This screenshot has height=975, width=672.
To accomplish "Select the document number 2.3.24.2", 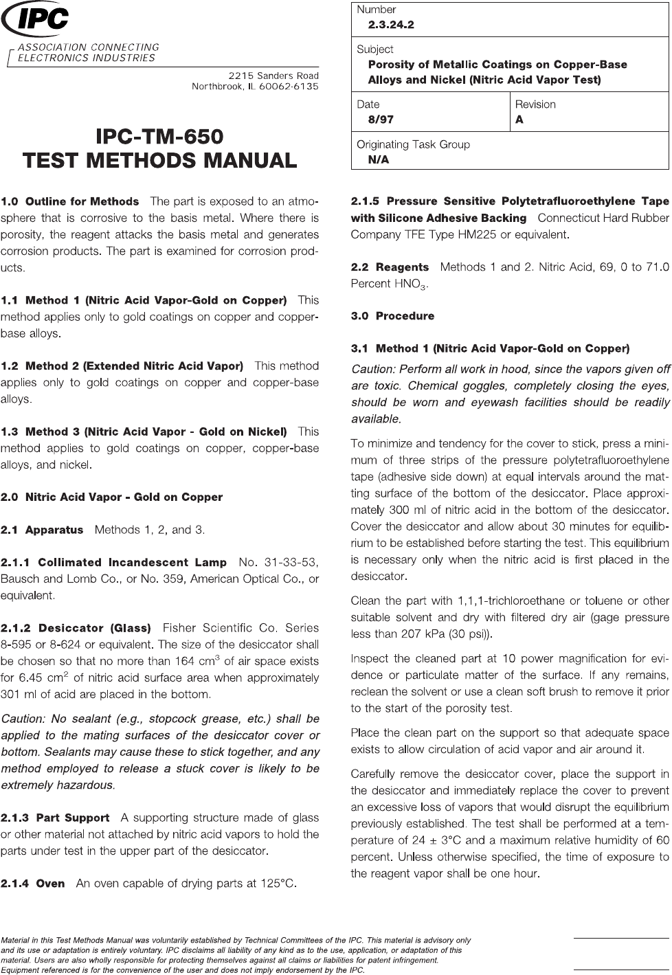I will [391, 25].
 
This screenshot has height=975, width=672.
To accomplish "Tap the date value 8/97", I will [381, 120].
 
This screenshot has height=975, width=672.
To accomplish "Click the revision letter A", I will [519, 120].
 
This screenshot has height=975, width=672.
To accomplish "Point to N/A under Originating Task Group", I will [378, 159].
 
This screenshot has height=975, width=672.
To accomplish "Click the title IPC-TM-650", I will [159, 135].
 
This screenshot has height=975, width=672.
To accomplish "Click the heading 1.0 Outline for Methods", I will [70, 201].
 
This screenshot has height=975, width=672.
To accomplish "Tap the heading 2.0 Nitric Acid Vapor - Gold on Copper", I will [112, 497].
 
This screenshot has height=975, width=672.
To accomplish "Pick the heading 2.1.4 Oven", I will [33, 883].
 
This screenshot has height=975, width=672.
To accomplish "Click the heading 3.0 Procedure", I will [392, 316].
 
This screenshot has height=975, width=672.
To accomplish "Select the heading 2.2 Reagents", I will [390, 267].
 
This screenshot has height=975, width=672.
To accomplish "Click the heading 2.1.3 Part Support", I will [55, 818].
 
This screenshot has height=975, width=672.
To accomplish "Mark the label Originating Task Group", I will [413, 144].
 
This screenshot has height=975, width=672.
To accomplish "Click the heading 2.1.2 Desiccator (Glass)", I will [76, 628].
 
